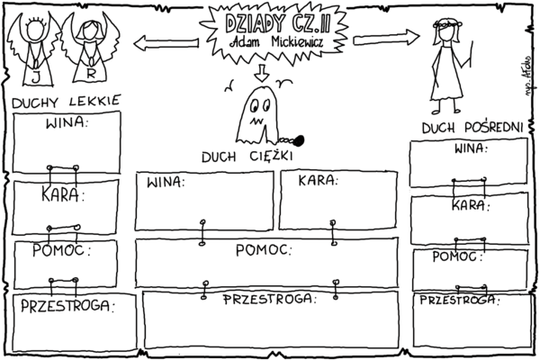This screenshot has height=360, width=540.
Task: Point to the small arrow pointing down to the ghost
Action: point(262,72)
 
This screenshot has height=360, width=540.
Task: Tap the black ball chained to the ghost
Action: point(299,139)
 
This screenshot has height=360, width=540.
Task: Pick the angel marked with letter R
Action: point(91,49)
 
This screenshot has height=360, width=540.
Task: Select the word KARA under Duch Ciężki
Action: point(318,181)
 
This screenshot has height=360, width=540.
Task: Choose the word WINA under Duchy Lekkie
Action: point(66,122)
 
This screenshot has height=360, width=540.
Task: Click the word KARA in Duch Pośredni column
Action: point(469,205)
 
